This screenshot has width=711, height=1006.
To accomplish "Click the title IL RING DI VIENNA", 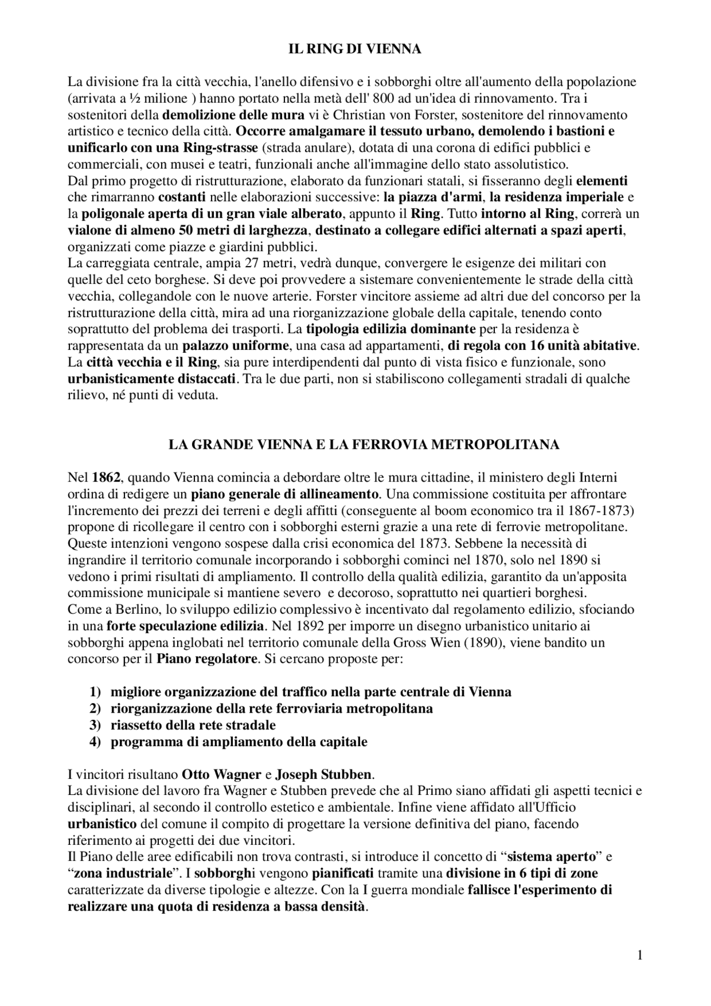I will (x=355, y=49).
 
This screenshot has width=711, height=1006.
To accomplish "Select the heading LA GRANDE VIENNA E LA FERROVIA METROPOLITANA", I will (x=364, y=444).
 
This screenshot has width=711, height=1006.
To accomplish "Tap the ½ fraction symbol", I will (x=134, y=99).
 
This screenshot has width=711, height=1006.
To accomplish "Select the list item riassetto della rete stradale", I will (x=193, y=725).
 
